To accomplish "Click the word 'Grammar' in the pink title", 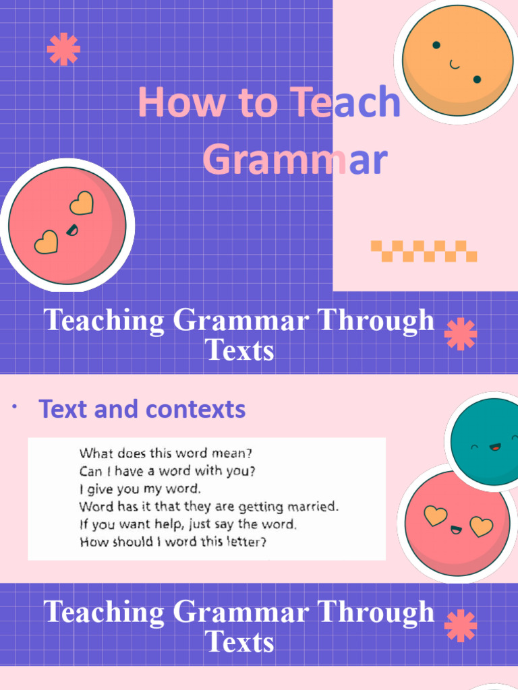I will tap(295, 160).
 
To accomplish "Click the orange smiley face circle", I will tap(457, 61).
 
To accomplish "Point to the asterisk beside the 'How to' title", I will tap(63, 49).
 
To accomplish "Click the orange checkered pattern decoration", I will tap(424, 251).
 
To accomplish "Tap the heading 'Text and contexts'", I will tap(142, 409).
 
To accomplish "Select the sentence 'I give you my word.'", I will tap(140, 488).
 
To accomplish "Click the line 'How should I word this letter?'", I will tap(173, 541).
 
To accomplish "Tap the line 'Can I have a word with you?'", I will tap(167, 470).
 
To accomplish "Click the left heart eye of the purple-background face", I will tap(46, 241).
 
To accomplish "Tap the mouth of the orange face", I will tap(455, 65).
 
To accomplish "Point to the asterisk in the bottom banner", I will tap(461, 626).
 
